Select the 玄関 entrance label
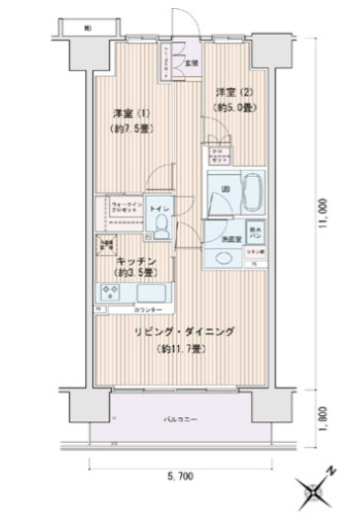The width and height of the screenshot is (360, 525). point(192,62)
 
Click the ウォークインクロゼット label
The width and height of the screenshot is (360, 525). point(122,210)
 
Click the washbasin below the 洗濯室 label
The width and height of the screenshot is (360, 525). point(224,256)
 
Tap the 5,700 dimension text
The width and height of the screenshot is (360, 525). point(180,477)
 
